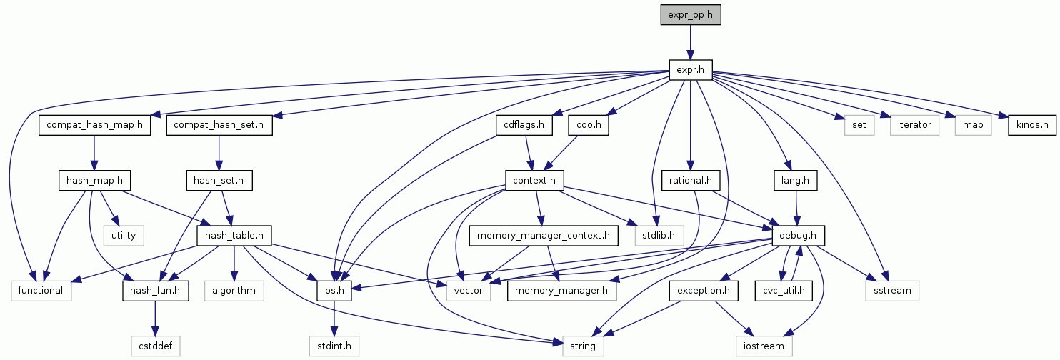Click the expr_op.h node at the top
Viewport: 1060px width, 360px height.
click(x=690, y=14)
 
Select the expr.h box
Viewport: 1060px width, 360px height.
click(x=690, y=69)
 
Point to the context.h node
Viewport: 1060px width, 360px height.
click(x=534, y=180)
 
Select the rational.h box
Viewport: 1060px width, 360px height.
click(x=689, y=180)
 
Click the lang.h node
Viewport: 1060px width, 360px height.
click(x=794, y=180)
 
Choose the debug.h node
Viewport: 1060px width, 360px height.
click(x=794, y=234)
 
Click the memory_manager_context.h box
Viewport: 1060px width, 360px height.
click(x=543, y=234)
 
